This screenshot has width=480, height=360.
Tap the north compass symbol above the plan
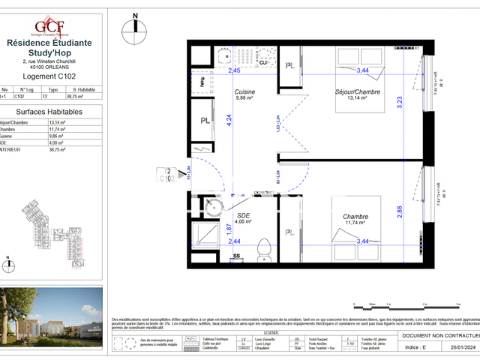coord(135,24)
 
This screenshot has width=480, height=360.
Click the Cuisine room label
coord(246,91)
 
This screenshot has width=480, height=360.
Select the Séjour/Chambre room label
coord(358,91)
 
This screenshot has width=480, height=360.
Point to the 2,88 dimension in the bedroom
coord(400,211)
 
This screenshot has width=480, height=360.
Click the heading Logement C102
coord(49,76)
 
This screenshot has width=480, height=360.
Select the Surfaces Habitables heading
coord(49,111)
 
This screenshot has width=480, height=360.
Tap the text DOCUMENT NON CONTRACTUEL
coord(439,337)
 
